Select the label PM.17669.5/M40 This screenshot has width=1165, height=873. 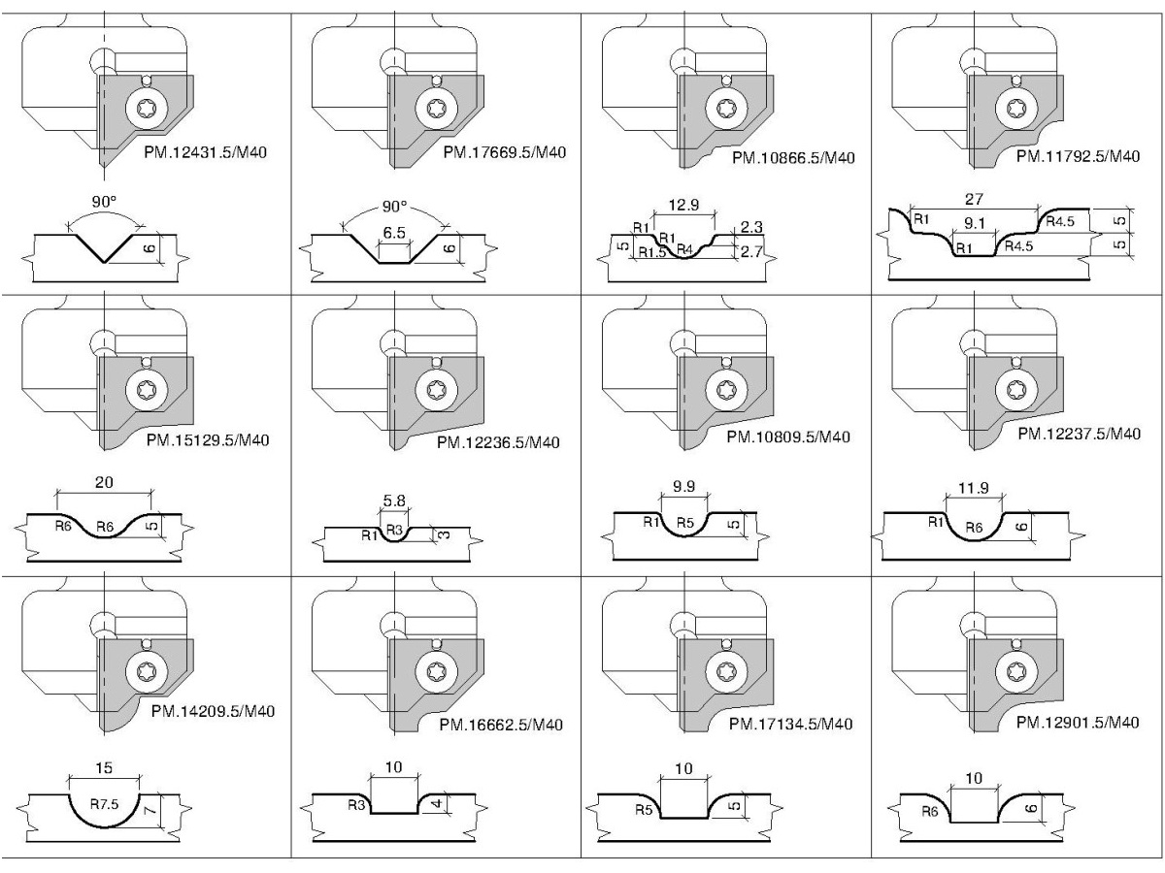click(x=504, y=152)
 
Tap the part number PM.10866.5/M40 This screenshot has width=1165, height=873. click(x=793, y=157)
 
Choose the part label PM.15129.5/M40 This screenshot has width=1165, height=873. click(x=207, y=438)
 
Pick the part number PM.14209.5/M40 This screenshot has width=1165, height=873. click(x=213, y=711)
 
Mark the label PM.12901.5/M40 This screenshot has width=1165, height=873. click(x=1078, y=723)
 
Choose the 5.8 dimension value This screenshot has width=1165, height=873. click(x=394, y=501)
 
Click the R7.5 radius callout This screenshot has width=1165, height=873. click(x=107, y=804)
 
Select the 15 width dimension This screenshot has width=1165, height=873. click(x=104, y=767)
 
